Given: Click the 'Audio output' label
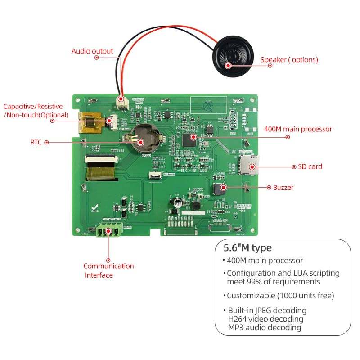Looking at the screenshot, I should [92, 51].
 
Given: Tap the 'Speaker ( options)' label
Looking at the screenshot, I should [289, 60].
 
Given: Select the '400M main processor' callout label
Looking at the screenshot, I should [298, 130].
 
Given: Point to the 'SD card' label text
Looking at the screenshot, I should [310, 166].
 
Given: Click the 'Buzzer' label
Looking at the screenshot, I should [283, 188].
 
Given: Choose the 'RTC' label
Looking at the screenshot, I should [36, 142].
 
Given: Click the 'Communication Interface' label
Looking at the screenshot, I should [108, 270].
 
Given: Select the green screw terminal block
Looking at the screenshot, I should [109, 231].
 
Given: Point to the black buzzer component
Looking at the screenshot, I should [220, 189].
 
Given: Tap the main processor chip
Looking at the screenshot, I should [189, 139].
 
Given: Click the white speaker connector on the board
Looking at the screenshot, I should [121, 101].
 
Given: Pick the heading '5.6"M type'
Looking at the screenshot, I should [247, 248].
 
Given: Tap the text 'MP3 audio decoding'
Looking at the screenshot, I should [265, 328].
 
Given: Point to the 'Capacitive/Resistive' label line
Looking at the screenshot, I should [33, 107].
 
